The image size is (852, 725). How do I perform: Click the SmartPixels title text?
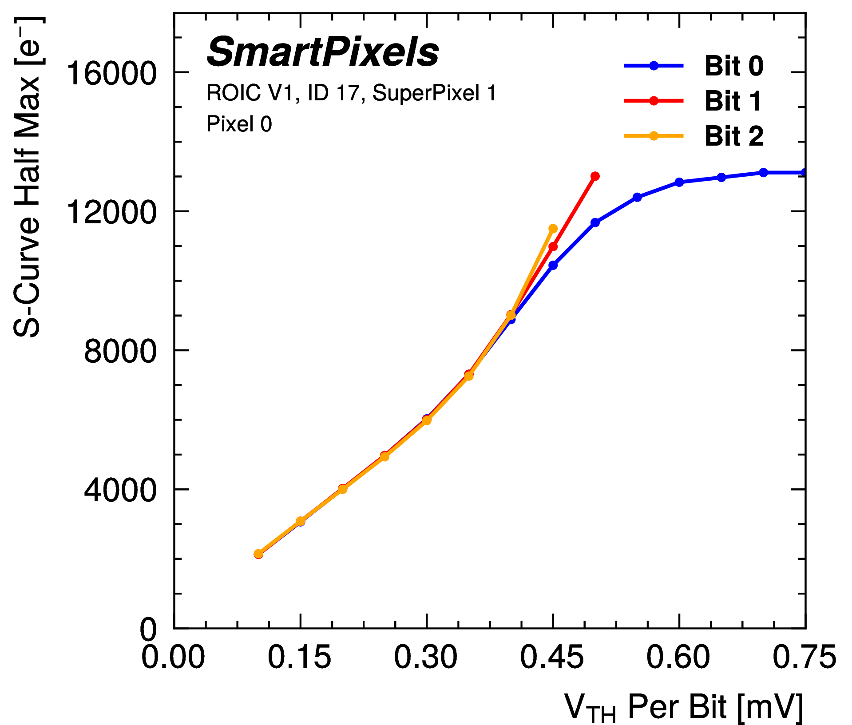323,53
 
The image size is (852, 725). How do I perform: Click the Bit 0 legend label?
734,66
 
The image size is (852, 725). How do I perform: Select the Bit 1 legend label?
733,101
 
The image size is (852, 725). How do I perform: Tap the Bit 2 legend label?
734,136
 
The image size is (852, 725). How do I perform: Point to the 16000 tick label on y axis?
111,73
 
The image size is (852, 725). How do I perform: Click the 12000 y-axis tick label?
111,212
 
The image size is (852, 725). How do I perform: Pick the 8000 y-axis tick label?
120,351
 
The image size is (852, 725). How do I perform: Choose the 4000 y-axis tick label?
120,490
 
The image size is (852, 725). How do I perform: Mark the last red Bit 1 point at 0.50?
595,176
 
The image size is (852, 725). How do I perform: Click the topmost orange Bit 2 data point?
553,229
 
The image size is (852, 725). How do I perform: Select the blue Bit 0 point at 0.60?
679,182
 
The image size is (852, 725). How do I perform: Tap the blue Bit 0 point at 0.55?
637,197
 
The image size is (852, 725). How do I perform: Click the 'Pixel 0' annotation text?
239,124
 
